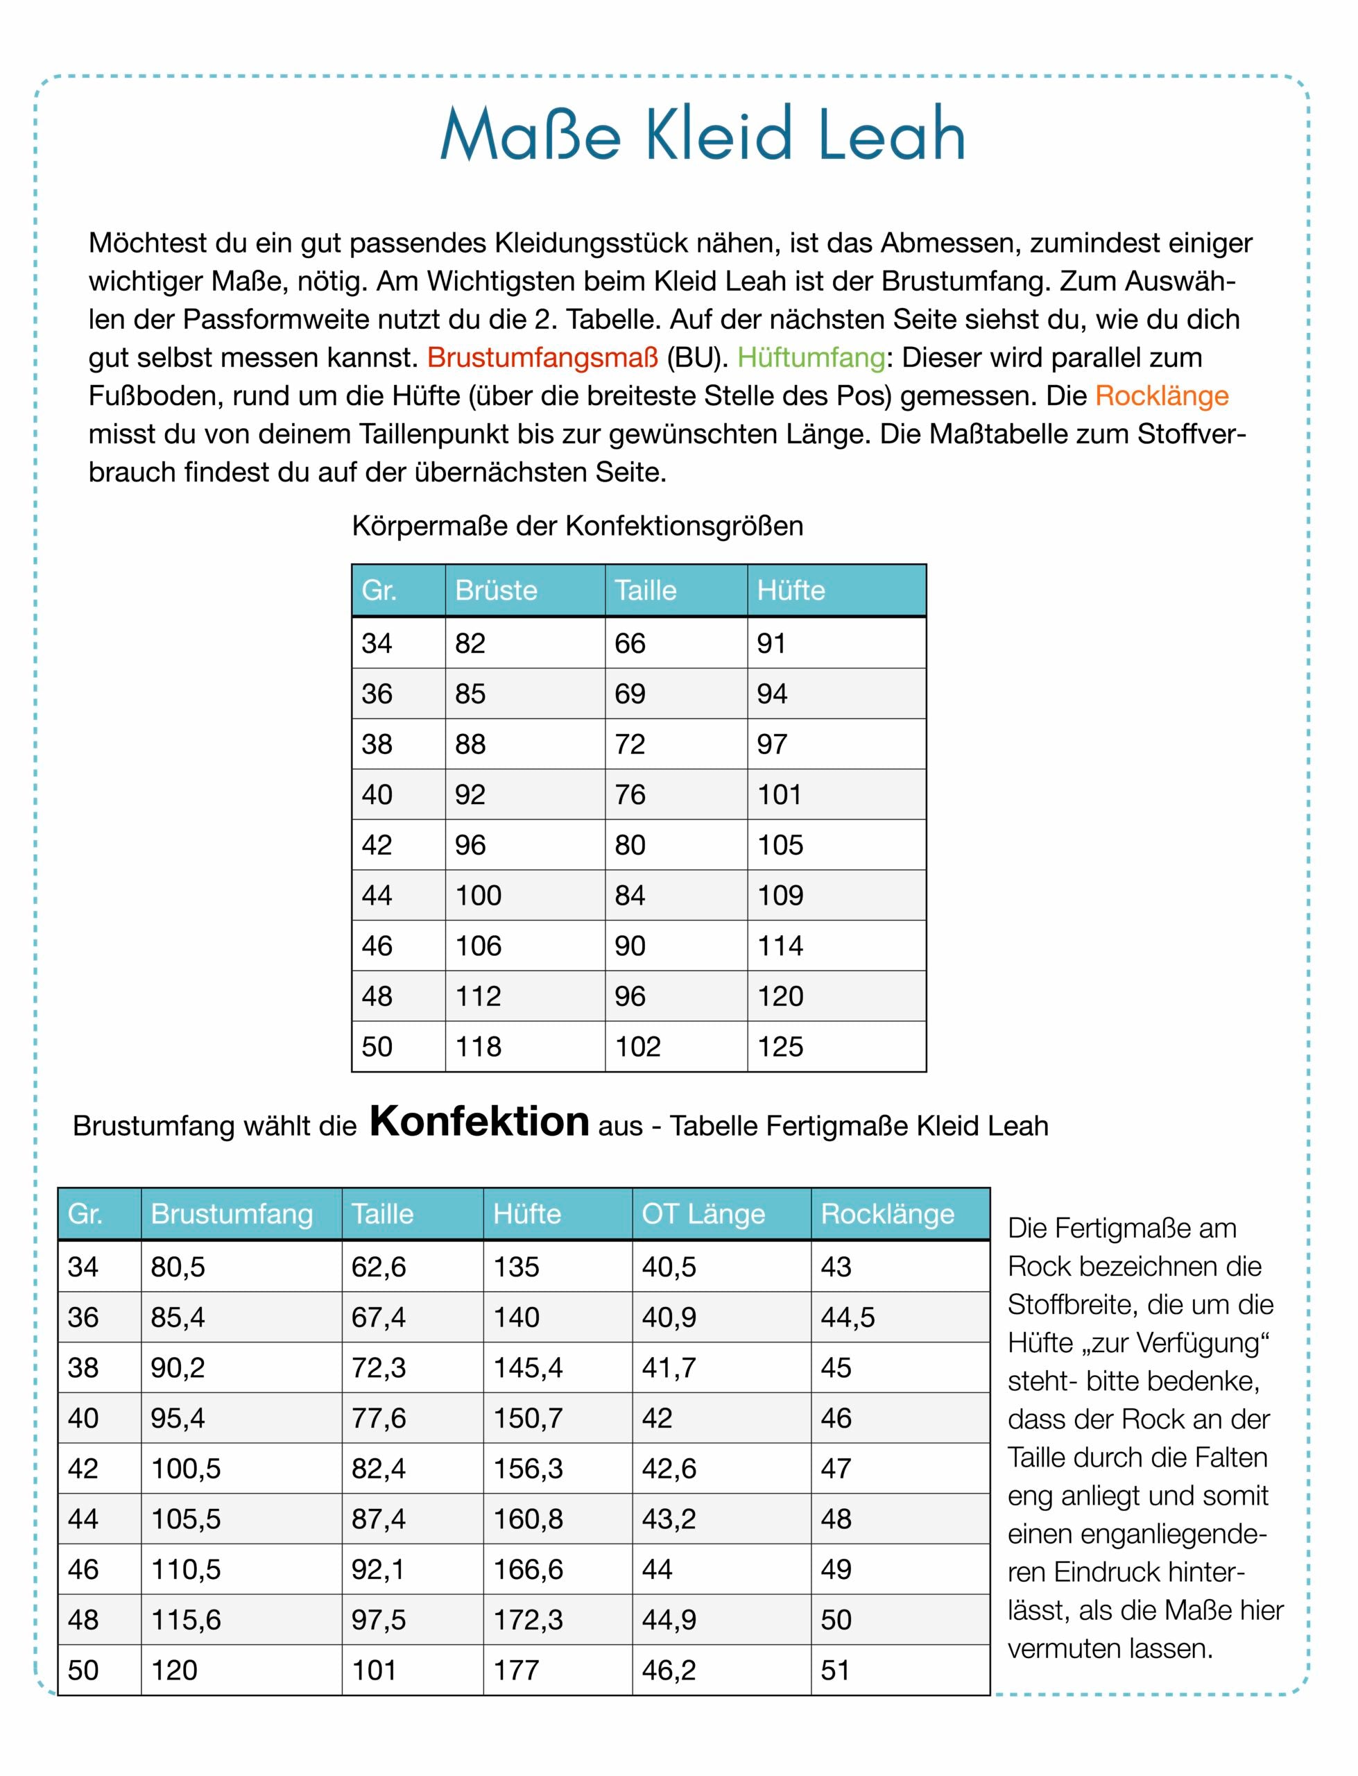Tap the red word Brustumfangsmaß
pyautogui.click(x=542, y=357)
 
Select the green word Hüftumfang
pyautogui.click(x=811, y=357)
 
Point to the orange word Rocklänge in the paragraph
pyautogui.click(x=1162, y=395)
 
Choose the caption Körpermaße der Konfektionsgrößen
pyautogui.click(x=577, y=527)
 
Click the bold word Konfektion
pyautogui.click(x=479, y=1122)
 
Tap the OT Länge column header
pyautogui.click(x=703, y=1213)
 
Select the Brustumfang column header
pyautogui.click(x=231, y=1213)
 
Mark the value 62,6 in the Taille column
pyautogui.click(x=378, y=1267)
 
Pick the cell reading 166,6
pyautogui.click(x=528, y=1569)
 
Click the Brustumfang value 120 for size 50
pyautogui.click(x=174, y=1670)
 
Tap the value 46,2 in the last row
pyautogui.click(x=669, y=1670)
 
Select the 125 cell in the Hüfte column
pyautogui.click(x=780, y=1046)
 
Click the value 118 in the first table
pyautogui.click(x=478, y=1046)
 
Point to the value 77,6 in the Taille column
pyautogui.click(x=378, y=1418)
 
